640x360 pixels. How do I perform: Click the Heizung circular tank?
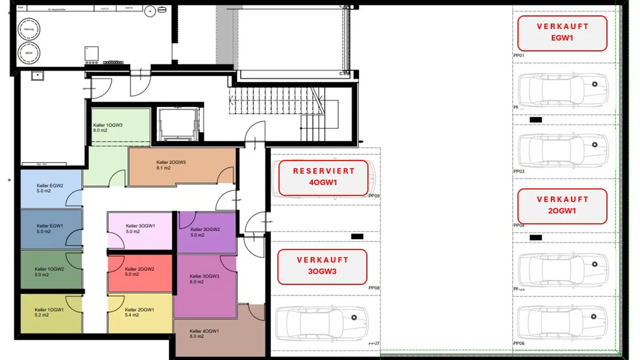(29, 29)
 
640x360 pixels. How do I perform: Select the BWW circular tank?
(29, 53)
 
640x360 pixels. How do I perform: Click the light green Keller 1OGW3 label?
(108, 128)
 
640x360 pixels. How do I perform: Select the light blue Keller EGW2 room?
(50, 188)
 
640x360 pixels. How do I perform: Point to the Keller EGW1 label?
(50, 228)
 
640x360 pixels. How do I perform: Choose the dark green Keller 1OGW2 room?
(50, 271)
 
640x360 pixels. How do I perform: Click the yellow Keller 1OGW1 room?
(50, 312)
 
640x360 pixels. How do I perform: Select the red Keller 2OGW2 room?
(140, 272)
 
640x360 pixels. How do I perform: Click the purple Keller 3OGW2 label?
(205, 232)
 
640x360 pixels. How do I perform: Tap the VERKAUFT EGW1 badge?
(562, 32)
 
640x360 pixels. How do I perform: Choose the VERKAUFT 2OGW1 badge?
(562, 205)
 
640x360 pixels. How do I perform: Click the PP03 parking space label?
(519, 172)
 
